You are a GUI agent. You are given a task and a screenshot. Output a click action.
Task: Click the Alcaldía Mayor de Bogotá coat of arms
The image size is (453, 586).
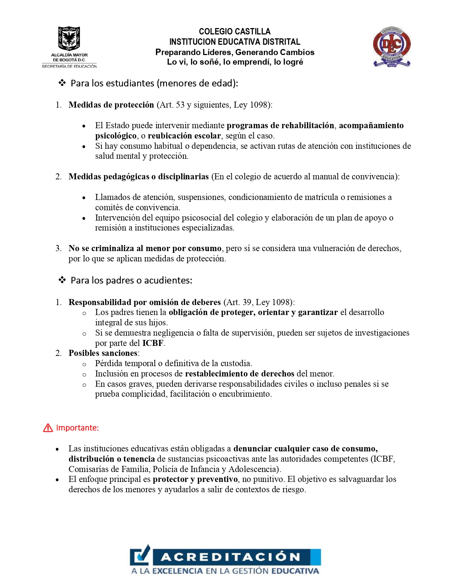pos(69,38)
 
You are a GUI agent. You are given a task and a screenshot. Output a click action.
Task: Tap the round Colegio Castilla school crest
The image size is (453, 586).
pos(392,47)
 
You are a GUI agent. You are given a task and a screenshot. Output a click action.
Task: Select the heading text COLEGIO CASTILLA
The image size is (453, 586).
pos(234,32)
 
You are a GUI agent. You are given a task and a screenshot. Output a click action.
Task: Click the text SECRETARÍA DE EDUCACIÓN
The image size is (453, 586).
pos(69,66)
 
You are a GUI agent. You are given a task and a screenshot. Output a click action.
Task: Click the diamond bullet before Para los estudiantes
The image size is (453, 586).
pos(62,83)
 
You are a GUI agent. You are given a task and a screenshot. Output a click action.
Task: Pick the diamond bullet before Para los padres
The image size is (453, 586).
pos(62,280)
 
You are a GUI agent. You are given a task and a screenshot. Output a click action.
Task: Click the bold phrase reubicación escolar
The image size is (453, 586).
pos(184,136)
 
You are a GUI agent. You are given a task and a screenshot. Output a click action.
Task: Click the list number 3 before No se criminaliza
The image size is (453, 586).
pos(58,248)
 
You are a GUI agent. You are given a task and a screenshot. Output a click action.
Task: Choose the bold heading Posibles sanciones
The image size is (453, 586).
pos(103,353)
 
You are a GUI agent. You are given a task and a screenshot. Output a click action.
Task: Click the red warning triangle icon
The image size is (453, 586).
pos(48,428)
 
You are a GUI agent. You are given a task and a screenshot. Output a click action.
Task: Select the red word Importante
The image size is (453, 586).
pos(77,428)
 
